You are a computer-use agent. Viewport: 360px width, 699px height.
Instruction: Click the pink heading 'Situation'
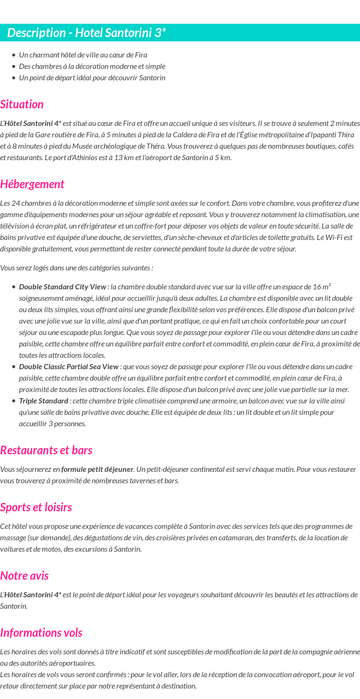pos(22,104)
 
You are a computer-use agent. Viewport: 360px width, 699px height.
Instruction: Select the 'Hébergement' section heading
pos(32,184)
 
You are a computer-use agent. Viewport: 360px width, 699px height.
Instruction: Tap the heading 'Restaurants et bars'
pos(46,450)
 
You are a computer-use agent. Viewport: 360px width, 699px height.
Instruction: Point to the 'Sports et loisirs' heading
pos(36,507)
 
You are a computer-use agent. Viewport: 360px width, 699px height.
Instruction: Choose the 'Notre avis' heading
pos(24,575)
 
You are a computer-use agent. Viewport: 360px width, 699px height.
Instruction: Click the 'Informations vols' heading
pos(41,632)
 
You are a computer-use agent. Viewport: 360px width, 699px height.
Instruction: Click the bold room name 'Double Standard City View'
pos(63,287)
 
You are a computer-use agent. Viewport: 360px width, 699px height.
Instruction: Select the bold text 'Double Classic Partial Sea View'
pos(69,366)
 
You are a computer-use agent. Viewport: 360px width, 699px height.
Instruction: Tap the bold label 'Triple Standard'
pos(44,401)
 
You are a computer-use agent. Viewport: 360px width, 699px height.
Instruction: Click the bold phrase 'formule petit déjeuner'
pos(97,469)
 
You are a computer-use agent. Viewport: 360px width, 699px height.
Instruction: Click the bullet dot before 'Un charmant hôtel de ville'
pos(14,55)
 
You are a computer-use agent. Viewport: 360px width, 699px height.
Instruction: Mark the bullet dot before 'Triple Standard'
pos(14,401)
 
